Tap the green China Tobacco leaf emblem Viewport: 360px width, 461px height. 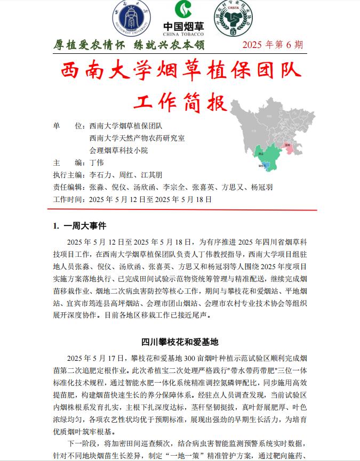(183, 11)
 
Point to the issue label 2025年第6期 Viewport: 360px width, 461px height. (272, 45)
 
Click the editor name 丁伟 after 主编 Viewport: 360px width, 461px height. (97, 163)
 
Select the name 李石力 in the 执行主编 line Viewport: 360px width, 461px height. (101, 175)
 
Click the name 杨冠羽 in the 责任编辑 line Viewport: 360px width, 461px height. (261, 187)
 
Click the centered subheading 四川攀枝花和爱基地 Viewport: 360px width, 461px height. (180, 342)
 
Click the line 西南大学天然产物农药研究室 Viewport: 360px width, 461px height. (137, 138)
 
